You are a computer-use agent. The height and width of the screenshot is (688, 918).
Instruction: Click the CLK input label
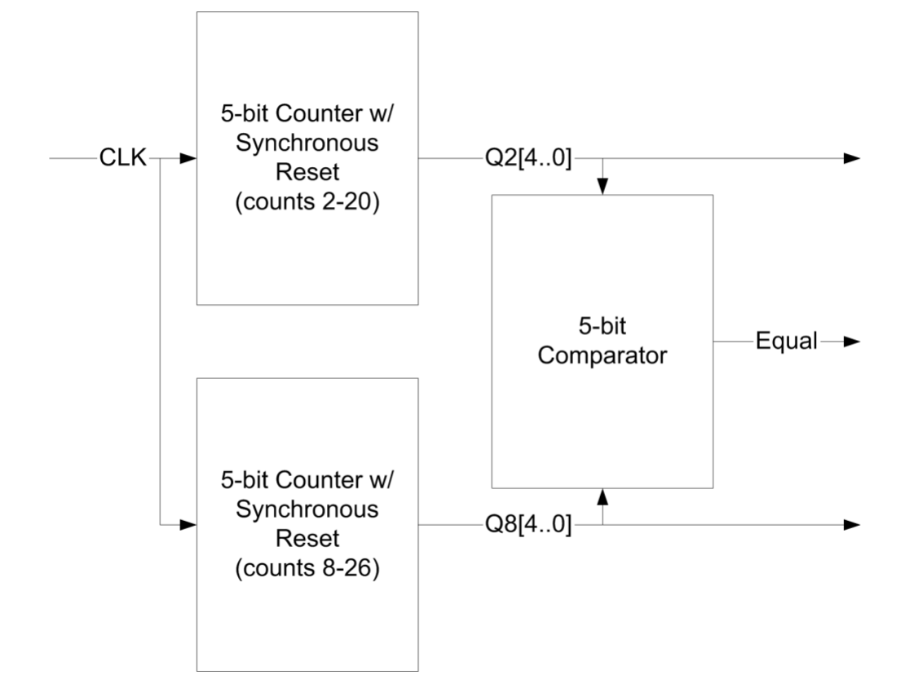point(122,159)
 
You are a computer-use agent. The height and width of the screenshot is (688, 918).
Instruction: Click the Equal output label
point(785,342)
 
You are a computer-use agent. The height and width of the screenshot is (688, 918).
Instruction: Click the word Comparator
point(602,355)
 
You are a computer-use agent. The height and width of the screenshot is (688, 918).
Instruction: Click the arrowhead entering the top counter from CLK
point(188,159)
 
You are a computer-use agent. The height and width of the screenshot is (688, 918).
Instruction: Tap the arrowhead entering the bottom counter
point(188,525)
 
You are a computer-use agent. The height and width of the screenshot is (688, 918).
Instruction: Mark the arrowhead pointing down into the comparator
point(602,186)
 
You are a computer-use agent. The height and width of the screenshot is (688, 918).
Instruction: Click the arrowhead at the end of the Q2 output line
point(851,159)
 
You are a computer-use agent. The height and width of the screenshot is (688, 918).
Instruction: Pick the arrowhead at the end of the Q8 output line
point(851,525)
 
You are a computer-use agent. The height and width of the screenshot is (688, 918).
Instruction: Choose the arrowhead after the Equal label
point(851,342)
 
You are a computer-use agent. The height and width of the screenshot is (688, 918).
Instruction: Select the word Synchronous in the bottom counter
point(307,510)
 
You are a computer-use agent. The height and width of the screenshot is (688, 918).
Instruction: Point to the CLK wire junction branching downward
point(162,159)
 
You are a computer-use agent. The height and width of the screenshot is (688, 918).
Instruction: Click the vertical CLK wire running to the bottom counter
point(162,342)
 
